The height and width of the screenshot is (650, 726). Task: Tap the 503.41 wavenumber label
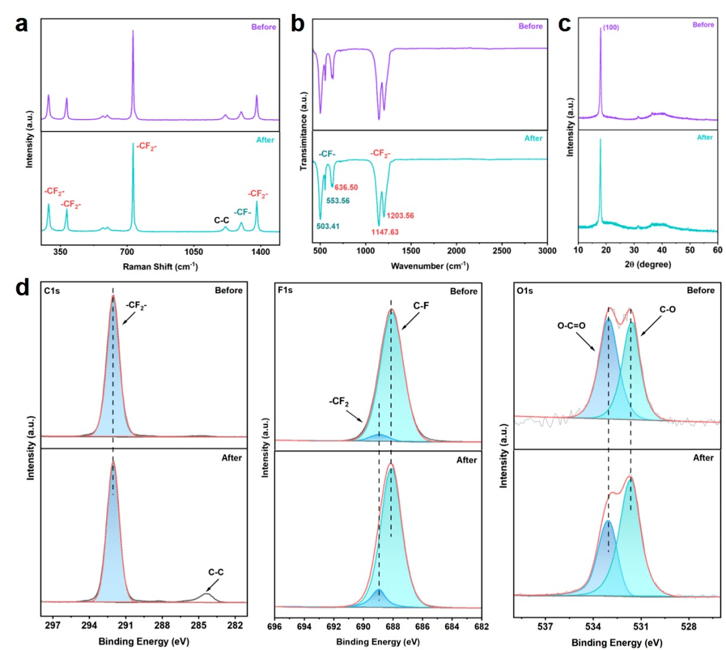tap(328, 227)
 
